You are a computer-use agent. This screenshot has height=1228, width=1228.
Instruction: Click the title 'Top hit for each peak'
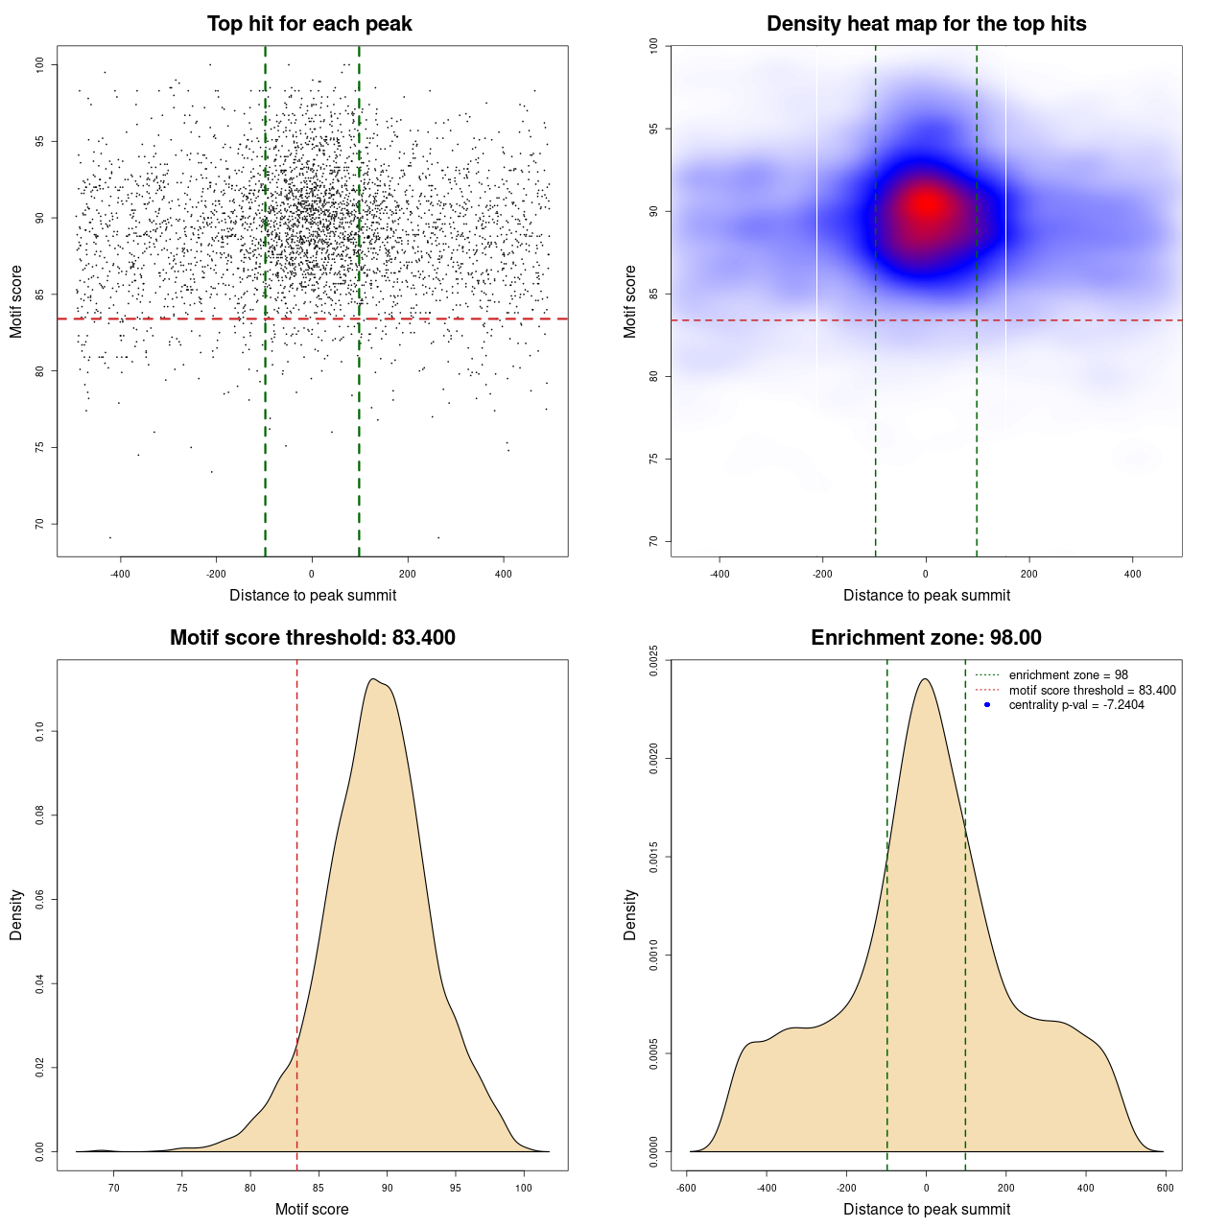point(309,24)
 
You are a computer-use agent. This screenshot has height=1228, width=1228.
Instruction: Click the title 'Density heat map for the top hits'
point(926,24)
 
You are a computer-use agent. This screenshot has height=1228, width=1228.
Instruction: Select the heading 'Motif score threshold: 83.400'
point(312,638)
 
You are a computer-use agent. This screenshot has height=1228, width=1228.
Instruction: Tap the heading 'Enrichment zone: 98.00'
point(926,638)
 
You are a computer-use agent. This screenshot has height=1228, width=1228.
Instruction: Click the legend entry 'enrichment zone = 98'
point(1068,675)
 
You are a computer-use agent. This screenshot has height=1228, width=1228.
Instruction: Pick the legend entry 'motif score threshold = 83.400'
point(1092,691)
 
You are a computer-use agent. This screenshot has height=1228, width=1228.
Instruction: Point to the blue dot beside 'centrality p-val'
point(987,705)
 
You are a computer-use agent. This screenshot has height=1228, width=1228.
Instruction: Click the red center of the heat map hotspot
point(927,204)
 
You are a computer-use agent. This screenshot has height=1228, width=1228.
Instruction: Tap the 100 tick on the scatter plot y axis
point(39,64)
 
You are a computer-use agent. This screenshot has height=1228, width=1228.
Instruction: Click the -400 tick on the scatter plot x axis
point(120,574)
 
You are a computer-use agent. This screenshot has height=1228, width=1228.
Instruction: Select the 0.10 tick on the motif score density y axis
point(39,732)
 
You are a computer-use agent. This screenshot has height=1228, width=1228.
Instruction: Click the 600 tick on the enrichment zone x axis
point(1165,1188)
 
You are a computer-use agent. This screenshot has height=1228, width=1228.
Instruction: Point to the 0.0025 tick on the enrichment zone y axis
point(653,660)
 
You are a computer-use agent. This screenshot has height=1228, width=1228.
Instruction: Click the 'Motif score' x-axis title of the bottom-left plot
point(312,1209)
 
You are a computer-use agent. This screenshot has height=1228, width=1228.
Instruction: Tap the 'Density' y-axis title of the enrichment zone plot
point(630,914)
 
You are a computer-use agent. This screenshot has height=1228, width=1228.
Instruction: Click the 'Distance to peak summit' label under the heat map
point(926,595)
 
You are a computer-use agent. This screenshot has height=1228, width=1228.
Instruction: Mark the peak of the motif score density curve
point(373,679)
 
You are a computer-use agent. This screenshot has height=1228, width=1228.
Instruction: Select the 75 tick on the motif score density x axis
point(182,1188)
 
